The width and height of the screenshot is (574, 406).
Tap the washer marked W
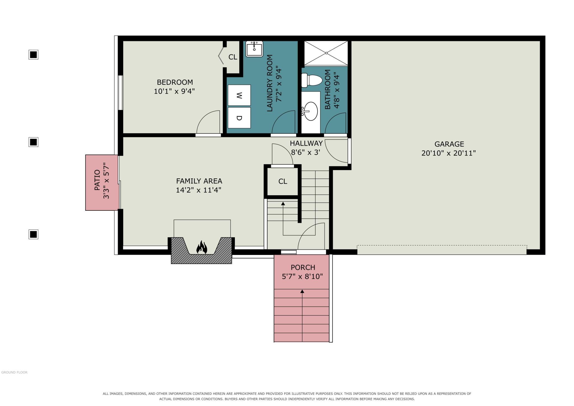(x=239, y=95)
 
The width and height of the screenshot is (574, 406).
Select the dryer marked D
(x=239, y=118)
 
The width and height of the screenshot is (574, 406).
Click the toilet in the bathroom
(x=312, y=80)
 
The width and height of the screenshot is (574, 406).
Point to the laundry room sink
(x=254, y=49)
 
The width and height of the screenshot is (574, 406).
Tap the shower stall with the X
(x=326, y=53)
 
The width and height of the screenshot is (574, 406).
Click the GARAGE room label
(x=449, y=144)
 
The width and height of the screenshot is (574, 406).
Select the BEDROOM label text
(x=175, y=82)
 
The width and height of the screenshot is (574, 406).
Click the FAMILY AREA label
(x=199, y=181)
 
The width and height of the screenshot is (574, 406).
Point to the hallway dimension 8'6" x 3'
(x=305, y=152)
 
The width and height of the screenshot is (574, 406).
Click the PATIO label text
(x=97, y=180)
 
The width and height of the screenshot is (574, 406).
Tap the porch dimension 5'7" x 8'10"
(x=302, y=276)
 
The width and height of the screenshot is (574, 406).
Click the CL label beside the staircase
(x=283, y=181)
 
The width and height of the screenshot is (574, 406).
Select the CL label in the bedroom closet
(x=233, y=57)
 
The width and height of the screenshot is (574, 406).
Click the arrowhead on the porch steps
(x=302, y=291)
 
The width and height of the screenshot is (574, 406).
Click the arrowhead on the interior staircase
(x=283, y=204)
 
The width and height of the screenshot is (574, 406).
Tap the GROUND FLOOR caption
(x=14, y=372)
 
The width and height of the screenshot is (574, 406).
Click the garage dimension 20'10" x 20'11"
(x=448, y=153)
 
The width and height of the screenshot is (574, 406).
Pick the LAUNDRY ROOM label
(x=270, y=83)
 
